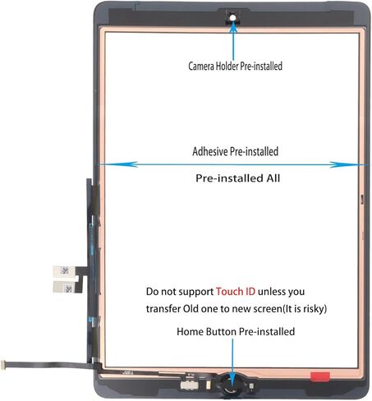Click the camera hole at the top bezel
(232, 18)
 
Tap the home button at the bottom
(232, 385)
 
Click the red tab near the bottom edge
(319, 376)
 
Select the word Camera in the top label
(201, 66)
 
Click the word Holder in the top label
(227, 66)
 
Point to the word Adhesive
(209, 151)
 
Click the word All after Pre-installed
(273, 178)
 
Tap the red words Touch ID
(236, 292)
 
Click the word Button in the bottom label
(221, 332)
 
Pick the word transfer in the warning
(163, 309)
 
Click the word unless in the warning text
(271, 292)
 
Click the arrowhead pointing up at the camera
(233, 28)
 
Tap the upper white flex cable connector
(63, 271)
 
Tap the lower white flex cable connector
(63, 287)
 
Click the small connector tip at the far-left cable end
(3, 365)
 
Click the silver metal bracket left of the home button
(189, 385)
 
